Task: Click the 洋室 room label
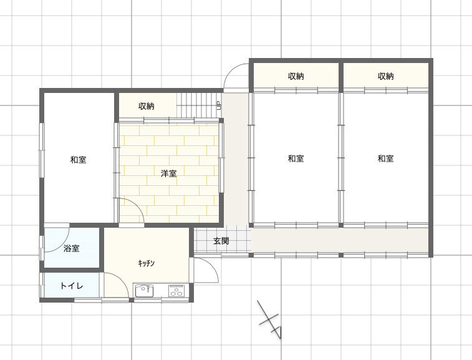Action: [168, 173]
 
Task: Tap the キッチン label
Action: [147, 263]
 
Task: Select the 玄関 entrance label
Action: [221, 241]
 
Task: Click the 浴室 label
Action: [72, 248]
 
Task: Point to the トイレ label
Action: [72, 286]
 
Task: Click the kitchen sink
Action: [144, 291]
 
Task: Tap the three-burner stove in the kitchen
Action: [176, 291]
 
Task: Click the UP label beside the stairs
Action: [219, 105]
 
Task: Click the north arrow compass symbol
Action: [271, 320]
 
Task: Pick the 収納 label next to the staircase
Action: [147, 106]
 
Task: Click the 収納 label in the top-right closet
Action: [385, 76]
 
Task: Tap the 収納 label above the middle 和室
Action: [296, 76]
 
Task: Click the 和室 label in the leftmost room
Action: [79, 160]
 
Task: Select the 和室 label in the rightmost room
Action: [385, 158]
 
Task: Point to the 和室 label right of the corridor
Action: [296, 158]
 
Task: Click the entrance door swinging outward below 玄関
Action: [211, 268]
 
